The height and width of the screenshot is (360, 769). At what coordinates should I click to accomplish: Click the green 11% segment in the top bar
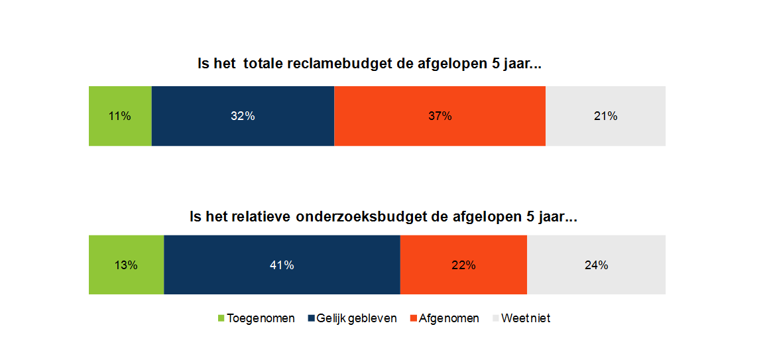tap(120, 116)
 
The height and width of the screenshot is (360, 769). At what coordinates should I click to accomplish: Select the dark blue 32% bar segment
tap(243, 116)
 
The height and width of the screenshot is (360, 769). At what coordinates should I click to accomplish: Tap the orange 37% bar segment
tap(440, 116)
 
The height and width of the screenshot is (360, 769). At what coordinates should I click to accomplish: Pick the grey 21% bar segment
tap(605, 116)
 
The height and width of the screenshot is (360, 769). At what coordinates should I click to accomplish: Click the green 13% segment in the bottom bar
tap(126, 265)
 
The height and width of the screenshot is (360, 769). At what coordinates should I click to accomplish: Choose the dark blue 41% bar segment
tap(282, 265)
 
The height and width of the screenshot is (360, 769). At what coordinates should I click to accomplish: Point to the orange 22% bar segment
tap(463, 265)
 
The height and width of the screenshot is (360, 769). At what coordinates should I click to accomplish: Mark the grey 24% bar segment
tap(596, 265)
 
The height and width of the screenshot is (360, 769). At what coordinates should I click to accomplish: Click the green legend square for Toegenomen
tap(221, 319)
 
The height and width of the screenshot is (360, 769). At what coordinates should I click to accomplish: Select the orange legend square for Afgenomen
tap(414, 319)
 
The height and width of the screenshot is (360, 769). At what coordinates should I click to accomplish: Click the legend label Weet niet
tap(526, 318)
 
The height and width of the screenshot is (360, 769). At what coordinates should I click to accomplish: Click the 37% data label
tap(440, 116)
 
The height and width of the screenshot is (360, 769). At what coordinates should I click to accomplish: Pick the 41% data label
tap(282, 265)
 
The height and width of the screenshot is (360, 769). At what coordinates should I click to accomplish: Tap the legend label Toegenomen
tap(261, 318)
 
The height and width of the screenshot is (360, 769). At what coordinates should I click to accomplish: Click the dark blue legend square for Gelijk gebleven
tap(311, 319)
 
